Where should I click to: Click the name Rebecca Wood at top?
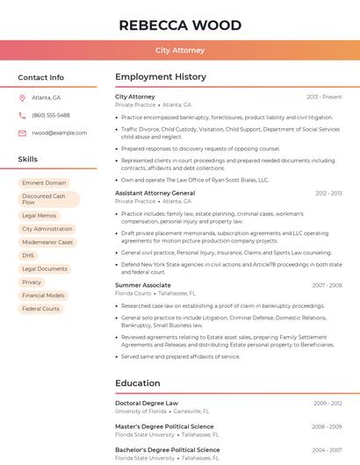coord(179,24)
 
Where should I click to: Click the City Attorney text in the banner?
coord(179,51)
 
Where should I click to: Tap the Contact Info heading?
coord(41,77)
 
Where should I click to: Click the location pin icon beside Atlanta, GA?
coord(22,97)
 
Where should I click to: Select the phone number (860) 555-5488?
coord(51,115)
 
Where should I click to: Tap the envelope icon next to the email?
coord(22,132)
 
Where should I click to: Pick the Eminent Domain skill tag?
coord(44,182)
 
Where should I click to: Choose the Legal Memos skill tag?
coord(40,215)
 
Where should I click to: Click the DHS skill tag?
coord(28,255)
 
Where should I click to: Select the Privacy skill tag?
coord(32,283)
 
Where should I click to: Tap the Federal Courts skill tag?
coord(40,309)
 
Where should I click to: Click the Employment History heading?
coord(161,77)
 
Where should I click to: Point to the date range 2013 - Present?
coord(324,97)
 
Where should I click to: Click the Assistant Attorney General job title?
coord(155,192)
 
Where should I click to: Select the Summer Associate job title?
coord(143,285)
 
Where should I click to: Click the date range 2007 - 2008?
coord(328,285)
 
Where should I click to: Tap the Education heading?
coord(137,383)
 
